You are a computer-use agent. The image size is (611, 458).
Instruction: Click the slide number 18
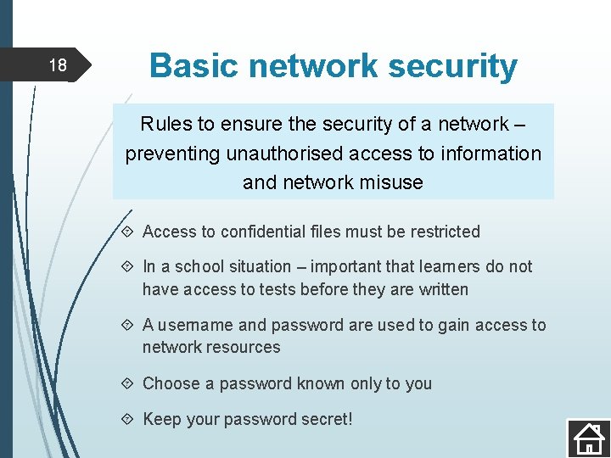click(x=57, y=65)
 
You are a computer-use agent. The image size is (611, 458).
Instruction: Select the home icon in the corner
click(x=587, y=438)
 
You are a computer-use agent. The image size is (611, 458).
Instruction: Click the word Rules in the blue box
click(x=165, y=124)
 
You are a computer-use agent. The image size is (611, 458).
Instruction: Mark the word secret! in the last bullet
click(x=326, y=419)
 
